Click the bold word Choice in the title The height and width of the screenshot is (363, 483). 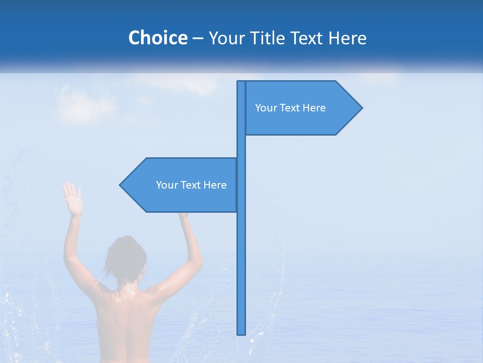click(x=157, y=38)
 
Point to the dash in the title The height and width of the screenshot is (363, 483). click(x=198, y=38)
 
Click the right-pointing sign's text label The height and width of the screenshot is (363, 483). click(x=290, y=108)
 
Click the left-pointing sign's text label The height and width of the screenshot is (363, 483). click(x=191, y=185)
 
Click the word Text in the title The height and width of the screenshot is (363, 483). click(x=308, y=38)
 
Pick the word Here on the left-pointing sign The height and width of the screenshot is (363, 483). click(x=215, y=185)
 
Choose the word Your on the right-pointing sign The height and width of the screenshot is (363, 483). click(x=265, y=108)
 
